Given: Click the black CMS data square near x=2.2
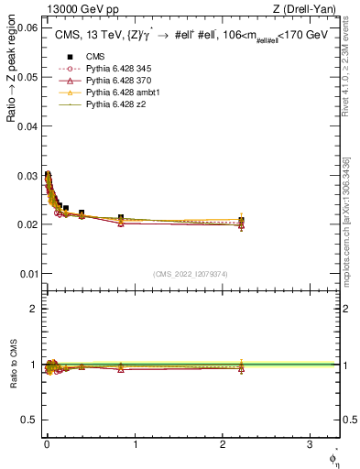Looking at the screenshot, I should pos(241,220).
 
